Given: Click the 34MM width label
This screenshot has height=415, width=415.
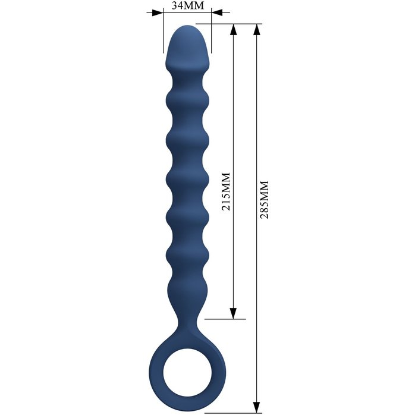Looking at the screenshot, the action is click(x=188, y=5).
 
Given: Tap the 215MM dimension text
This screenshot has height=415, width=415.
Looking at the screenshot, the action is click(x=226, y=191).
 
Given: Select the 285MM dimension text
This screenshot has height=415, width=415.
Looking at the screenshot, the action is click(x=264, y=200).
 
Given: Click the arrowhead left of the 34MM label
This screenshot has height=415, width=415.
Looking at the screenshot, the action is click(x=157, y=12).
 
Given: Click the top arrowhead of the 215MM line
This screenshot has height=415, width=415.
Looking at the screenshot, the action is click(x=233, y=29).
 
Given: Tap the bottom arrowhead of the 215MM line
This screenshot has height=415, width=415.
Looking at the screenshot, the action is click(x=233, y=313).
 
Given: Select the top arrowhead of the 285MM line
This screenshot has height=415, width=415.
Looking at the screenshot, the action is click(x=256, y=29).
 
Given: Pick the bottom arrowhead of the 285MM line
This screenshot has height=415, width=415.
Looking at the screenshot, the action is click(x=256, y=407).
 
